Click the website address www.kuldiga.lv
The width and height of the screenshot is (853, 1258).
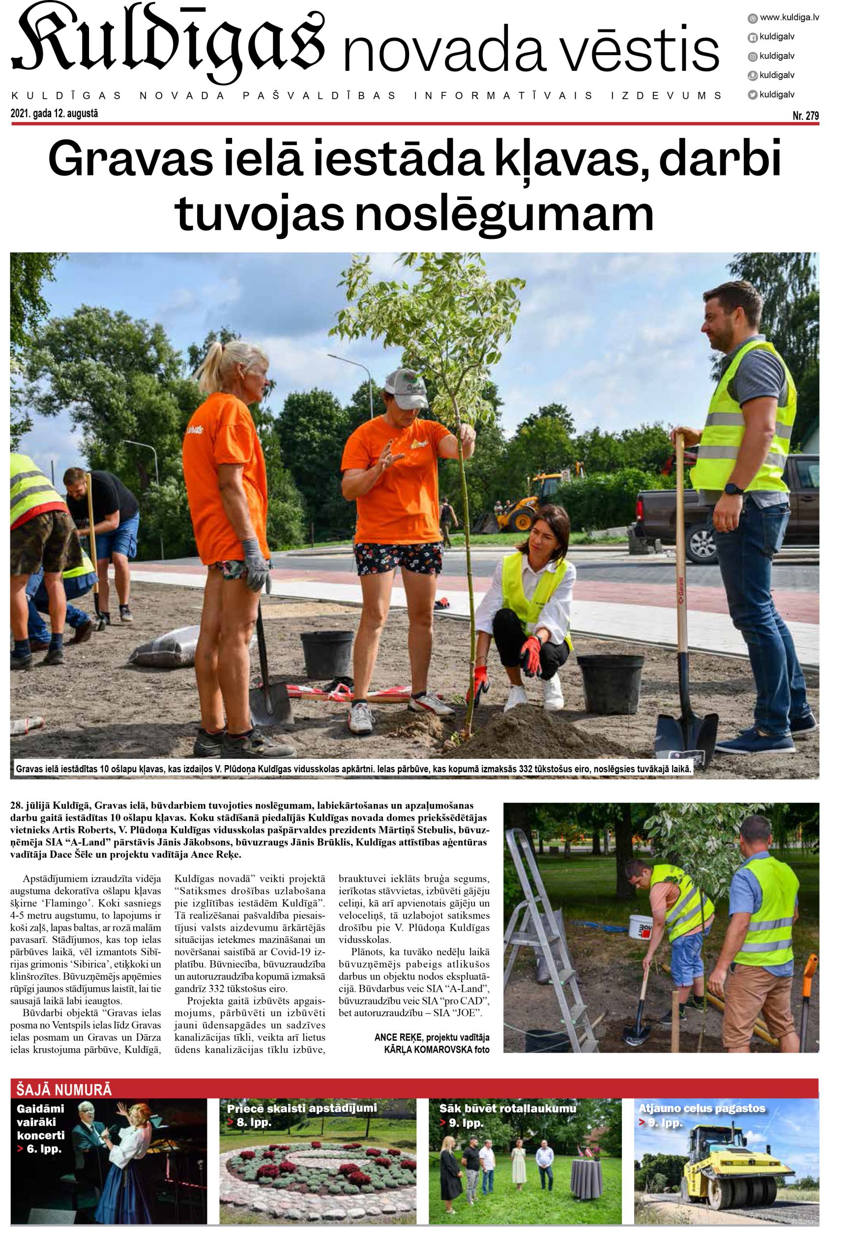(x=789, y=17)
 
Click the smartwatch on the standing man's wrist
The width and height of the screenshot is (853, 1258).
(x=734, y=488)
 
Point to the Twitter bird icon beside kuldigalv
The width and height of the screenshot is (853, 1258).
(x=752, y=94)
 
